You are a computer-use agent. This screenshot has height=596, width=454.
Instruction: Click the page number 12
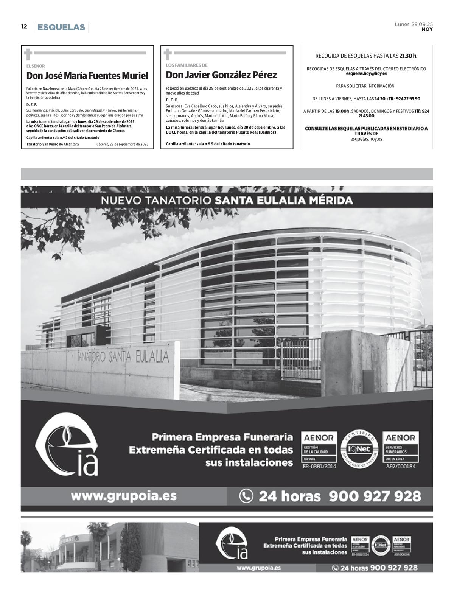24,26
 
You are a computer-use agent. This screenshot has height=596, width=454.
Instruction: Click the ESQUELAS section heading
61,27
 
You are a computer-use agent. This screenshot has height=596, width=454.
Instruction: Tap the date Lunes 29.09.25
414,24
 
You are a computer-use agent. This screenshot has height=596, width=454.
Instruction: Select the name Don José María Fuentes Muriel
87,76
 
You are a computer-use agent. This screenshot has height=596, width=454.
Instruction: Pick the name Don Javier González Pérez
221,75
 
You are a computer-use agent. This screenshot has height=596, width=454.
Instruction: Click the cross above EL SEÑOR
28,54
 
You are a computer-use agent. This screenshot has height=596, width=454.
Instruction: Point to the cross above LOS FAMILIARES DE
168,54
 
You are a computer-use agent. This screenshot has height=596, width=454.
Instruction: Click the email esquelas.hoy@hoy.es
366,73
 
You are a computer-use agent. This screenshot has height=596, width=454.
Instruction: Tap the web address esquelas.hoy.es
366,139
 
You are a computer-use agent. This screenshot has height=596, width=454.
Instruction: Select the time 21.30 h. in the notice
408,56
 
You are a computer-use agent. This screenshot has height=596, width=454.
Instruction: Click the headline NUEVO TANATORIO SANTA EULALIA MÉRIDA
227,201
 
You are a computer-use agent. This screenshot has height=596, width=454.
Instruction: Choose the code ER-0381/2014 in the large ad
319,467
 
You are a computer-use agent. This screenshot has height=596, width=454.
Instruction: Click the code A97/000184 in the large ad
401,467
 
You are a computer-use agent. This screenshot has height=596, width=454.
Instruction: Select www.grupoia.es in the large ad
123,495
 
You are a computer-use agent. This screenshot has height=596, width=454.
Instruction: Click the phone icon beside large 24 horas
246,496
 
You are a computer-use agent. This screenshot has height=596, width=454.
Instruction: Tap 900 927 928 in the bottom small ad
393,568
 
